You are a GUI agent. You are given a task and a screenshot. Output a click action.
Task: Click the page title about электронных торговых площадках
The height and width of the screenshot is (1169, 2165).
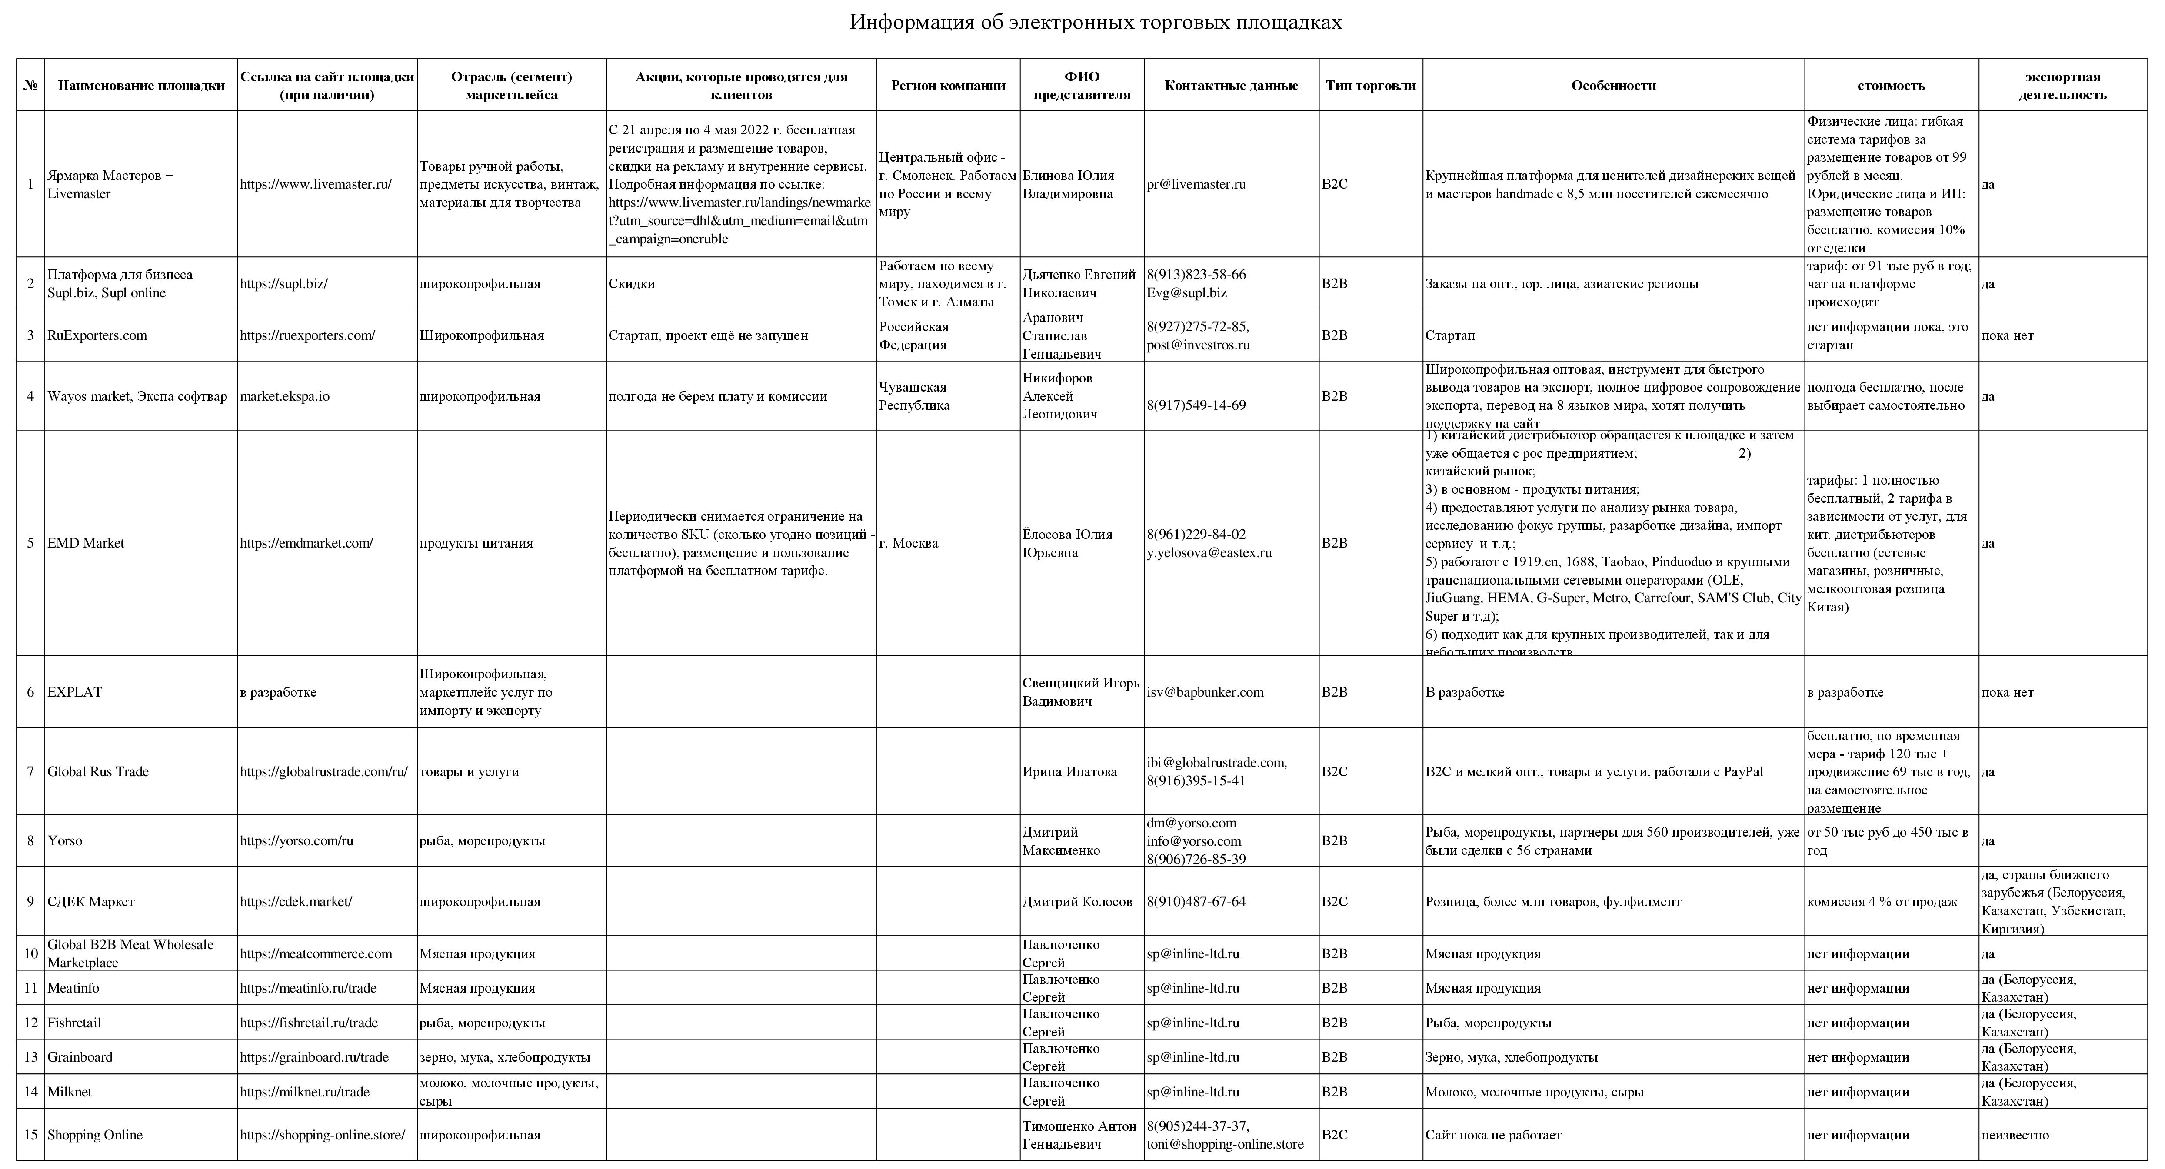(x=1095, y=23)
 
